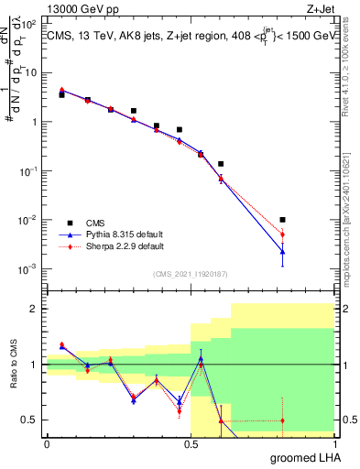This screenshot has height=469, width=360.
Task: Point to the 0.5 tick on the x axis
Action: (190, 444)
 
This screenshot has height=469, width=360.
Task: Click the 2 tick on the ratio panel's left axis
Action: (37, 309)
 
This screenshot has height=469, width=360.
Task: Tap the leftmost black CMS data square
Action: (61, 94)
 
